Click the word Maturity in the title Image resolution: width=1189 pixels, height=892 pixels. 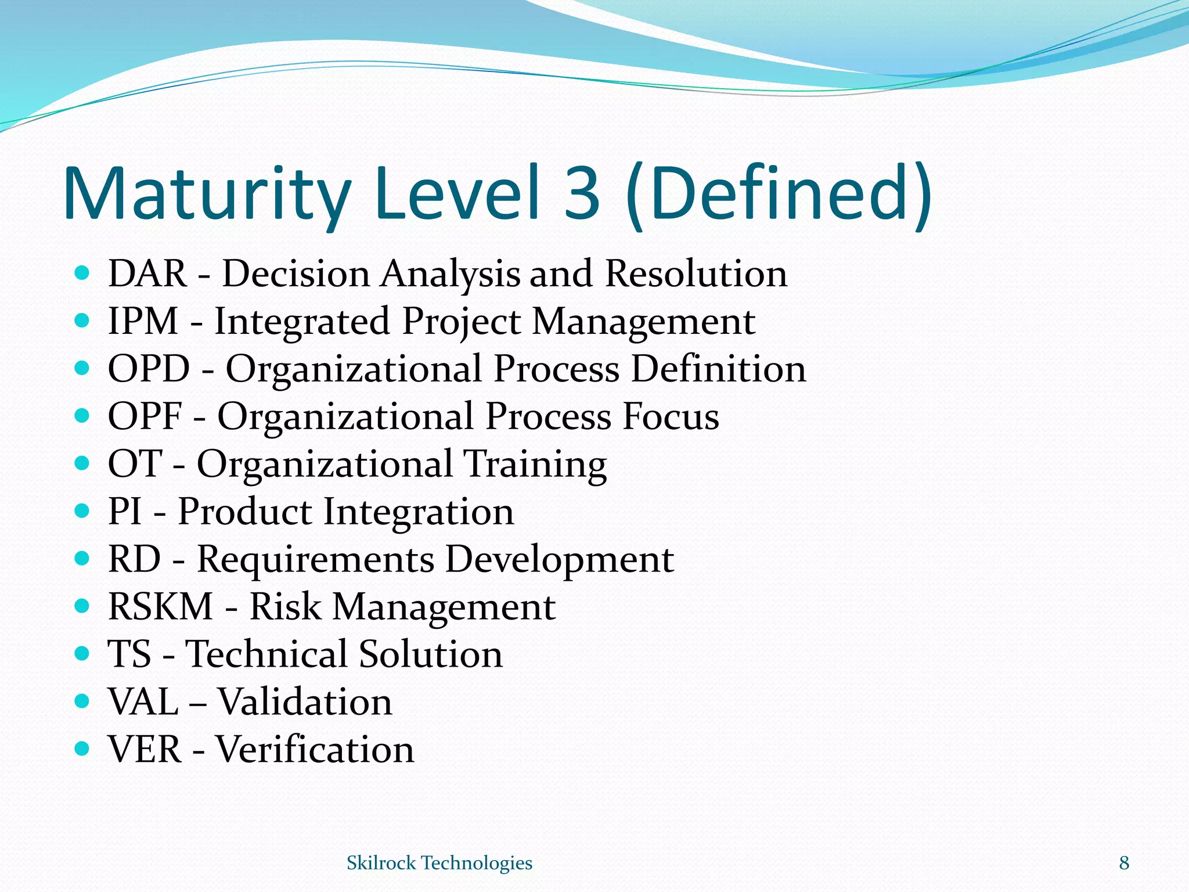pos(206,195)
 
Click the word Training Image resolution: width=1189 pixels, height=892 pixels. pos(535,465)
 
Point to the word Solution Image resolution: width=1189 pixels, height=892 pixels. pos(430,654)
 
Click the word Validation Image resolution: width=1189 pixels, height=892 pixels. pos(305,702)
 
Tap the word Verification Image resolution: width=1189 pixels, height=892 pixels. pos(315,749)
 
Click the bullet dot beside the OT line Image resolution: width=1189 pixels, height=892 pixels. pos(82,463)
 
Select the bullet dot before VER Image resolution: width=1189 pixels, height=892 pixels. pos(82,748)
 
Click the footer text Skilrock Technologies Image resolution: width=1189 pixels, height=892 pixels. pos(439,863)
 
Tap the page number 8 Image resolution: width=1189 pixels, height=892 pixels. pos(1124,863)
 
